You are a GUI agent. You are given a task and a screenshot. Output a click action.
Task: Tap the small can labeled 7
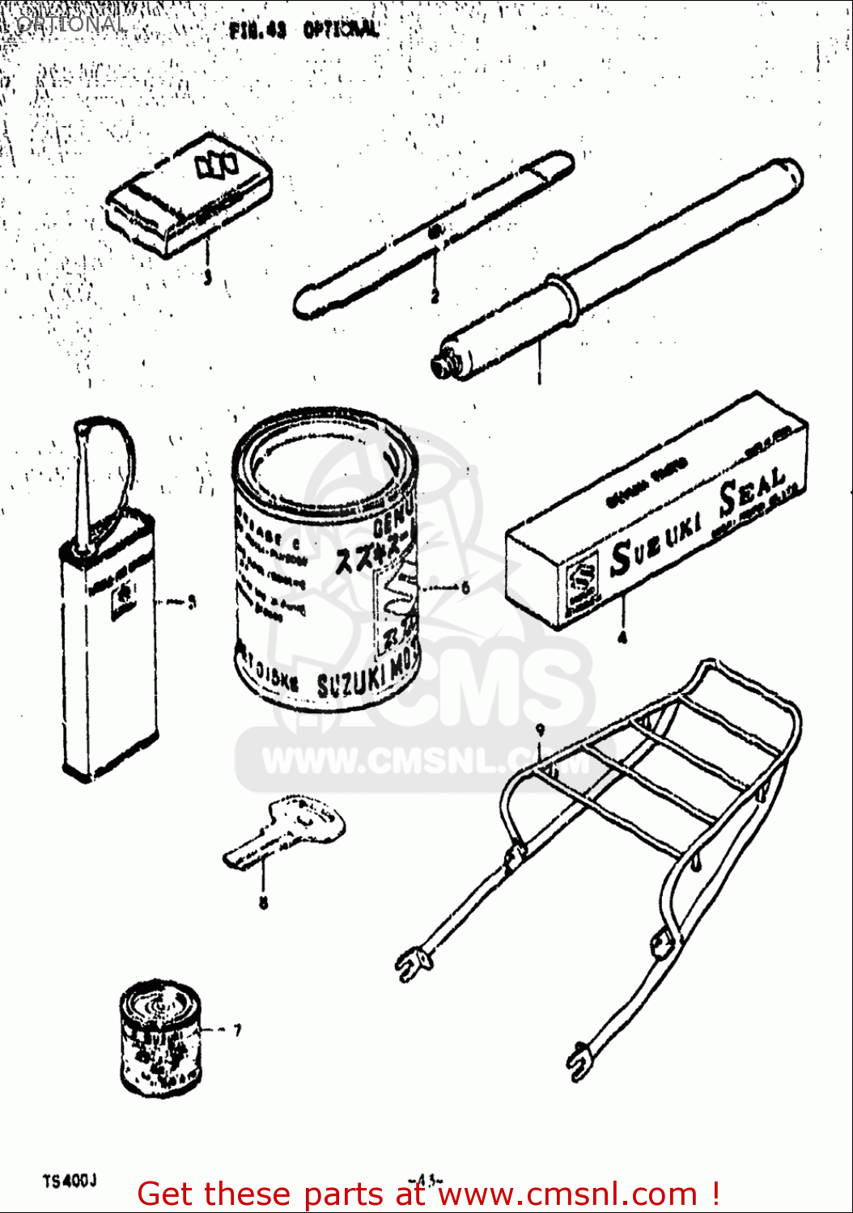coord(160,1039)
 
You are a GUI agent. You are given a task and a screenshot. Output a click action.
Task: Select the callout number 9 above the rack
coord(540,729)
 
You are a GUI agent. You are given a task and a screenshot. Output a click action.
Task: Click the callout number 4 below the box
coord(622,637)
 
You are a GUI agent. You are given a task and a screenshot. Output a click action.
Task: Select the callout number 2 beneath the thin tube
coord(435,297)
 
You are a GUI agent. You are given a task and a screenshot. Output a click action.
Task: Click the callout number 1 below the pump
coord(539,377)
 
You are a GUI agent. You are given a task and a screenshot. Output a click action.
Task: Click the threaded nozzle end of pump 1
coord(443,366)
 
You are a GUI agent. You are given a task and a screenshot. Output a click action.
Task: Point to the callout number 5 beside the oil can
coord(192,602)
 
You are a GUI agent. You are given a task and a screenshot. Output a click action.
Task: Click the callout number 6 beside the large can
coord(465,588)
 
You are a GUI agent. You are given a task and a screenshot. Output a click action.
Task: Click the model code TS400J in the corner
coord(70,1181)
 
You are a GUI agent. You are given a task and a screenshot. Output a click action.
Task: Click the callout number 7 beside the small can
coord(236,1030)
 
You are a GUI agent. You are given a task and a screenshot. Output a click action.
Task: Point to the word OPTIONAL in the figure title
coord(341,30)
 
